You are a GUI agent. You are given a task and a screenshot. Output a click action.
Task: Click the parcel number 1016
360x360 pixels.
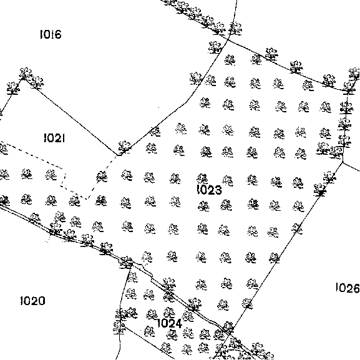coord(51,34)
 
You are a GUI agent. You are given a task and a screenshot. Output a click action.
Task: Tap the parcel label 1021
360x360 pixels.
coord(54,138)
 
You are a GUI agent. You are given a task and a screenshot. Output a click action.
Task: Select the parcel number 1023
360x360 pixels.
coord(210,190)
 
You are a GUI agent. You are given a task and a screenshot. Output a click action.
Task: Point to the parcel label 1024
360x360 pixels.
coord(170,323)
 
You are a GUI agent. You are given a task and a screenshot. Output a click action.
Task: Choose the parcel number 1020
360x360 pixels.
coord(32,301)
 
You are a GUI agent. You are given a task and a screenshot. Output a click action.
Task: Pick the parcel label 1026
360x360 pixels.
coord(348,288)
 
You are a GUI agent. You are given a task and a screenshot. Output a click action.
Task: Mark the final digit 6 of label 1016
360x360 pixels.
coord(58,35)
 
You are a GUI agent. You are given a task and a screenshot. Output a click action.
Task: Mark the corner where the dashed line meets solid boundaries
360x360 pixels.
coord(118,155)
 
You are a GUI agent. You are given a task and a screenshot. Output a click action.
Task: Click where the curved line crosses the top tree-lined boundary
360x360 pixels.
coord(228,40)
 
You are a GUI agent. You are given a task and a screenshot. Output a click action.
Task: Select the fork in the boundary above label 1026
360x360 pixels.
coord(343,162)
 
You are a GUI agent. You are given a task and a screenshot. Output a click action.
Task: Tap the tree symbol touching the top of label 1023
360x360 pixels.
coord(202,178)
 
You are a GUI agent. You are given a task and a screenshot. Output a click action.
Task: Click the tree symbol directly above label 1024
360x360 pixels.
coord(170,312)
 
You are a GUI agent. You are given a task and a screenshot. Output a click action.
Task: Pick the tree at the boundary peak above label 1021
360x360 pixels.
coord(25,74)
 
